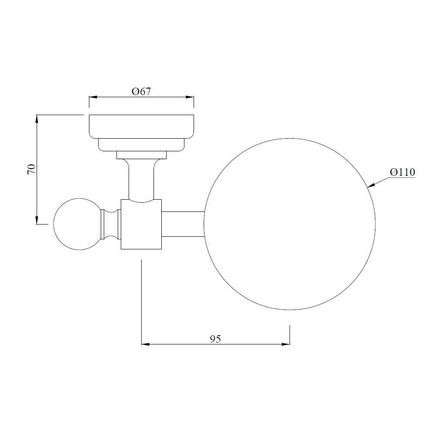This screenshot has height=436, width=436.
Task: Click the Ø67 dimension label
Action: point(141,92)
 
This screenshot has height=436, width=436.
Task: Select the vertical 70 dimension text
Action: point(32,169)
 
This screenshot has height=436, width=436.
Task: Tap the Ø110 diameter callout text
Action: point(402,172)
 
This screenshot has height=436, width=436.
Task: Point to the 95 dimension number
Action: point(215,339)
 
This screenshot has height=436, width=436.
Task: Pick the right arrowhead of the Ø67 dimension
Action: point(190,97)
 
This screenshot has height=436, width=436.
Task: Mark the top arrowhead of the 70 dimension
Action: point(37,119)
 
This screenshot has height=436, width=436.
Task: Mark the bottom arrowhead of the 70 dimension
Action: point(37,220)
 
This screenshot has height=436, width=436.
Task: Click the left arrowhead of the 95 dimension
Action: point(146,344)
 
